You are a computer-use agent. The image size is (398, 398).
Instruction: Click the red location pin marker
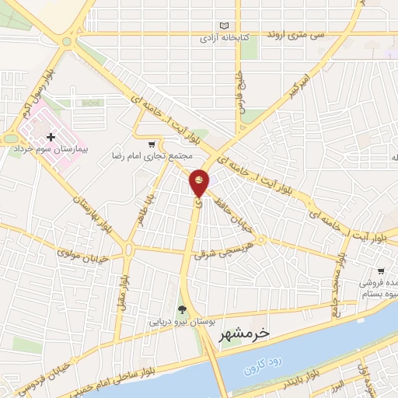point(199,183)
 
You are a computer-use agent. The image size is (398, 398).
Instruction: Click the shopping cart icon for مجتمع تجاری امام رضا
point(152,144)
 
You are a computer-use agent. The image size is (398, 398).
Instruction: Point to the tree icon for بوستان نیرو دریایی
point(183,309)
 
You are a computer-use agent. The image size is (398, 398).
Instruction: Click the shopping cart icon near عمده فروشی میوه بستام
point(379,271)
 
